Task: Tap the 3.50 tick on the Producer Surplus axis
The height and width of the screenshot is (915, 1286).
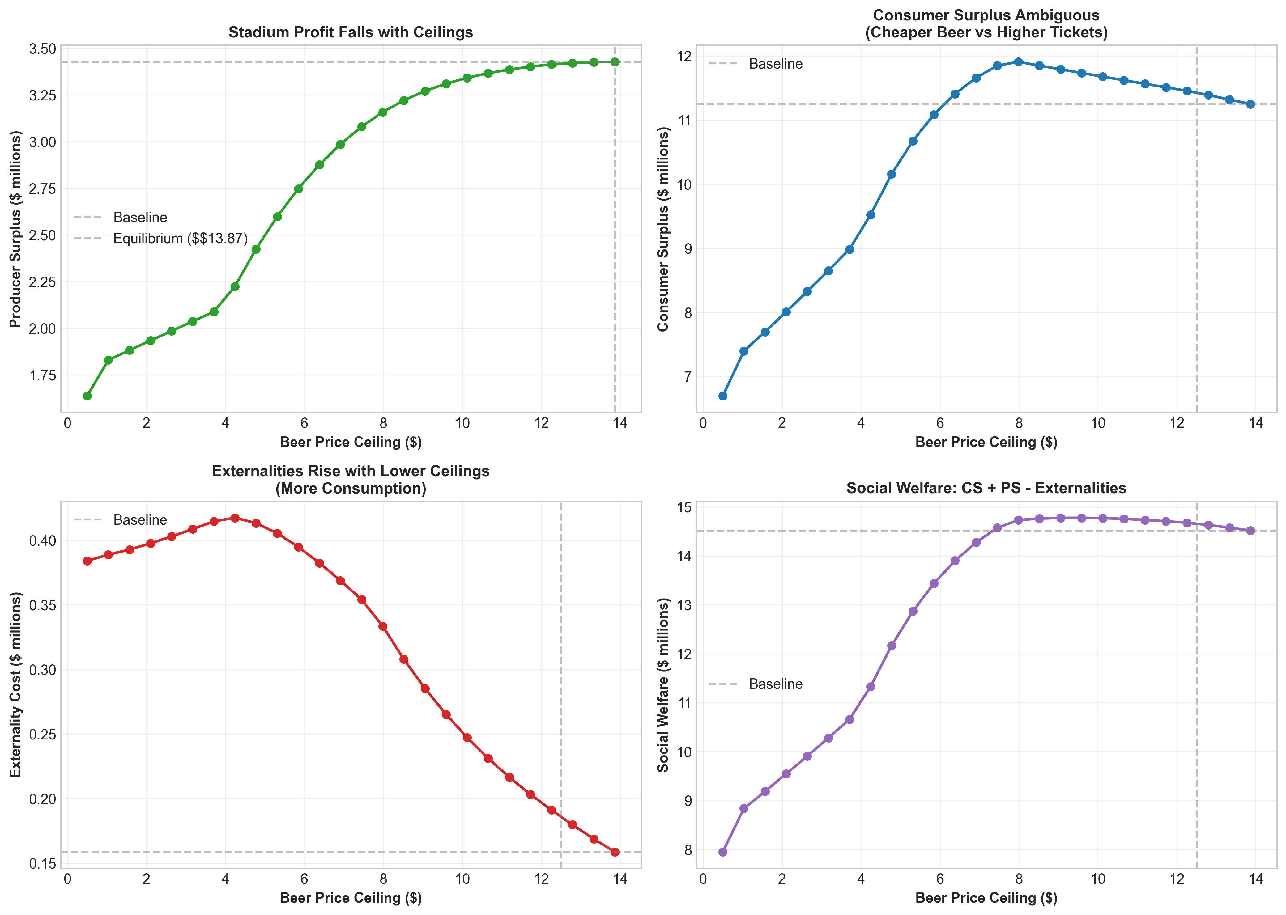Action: [42, 49]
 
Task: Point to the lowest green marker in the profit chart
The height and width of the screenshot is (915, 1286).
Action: [87, 396]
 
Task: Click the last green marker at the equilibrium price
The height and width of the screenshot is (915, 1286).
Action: [615, 62]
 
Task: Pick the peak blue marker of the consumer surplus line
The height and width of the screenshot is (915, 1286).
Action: [1018, 62]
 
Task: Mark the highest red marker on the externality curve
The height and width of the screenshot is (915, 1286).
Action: [235, 518]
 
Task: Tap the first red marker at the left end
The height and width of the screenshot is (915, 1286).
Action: [87, 561]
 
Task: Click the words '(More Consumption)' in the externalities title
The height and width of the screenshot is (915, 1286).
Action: [351, 489]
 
